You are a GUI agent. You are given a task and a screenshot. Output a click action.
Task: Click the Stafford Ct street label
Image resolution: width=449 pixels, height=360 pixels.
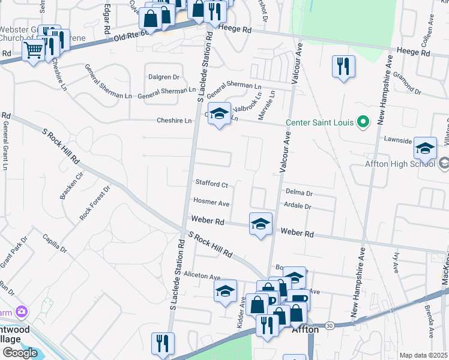211,184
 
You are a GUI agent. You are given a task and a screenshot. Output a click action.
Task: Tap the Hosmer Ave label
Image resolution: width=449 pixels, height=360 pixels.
211,202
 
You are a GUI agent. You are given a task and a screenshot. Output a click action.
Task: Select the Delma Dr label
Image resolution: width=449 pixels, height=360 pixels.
299,193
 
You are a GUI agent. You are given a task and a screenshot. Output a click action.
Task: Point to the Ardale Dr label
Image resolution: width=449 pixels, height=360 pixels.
299,206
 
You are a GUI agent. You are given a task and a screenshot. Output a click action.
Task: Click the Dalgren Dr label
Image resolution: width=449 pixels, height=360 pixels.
163,77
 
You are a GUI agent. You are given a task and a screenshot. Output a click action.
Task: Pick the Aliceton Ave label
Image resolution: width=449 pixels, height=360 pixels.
202,277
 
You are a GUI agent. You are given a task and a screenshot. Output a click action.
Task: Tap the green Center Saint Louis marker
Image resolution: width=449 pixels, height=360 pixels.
363,122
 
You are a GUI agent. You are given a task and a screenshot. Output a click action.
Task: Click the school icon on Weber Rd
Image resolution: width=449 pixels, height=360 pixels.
261,224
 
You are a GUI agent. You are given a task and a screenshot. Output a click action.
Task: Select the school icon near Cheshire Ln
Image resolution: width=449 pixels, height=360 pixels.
219,113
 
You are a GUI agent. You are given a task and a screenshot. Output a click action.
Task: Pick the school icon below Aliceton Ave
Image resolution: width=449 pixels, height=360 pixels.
226,291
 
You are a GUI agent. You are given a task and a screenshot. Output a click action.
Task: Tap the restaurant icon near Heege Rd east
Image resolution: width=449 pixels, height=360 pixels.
343,67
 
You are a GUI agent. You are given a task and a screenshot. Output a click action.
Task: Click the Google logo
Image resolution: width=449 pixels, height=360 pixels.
20,353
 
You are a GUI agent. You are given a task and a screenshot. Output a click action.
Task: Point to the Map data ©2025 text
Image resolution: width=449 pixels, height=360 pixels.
423,355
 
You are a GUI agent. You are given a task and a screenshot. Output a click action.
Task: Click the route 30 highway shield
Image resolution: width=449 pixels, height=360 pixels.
330,325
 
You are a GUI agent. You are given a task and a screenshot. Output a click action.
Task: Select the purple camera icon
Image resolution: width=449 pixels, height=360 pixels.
22,311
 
